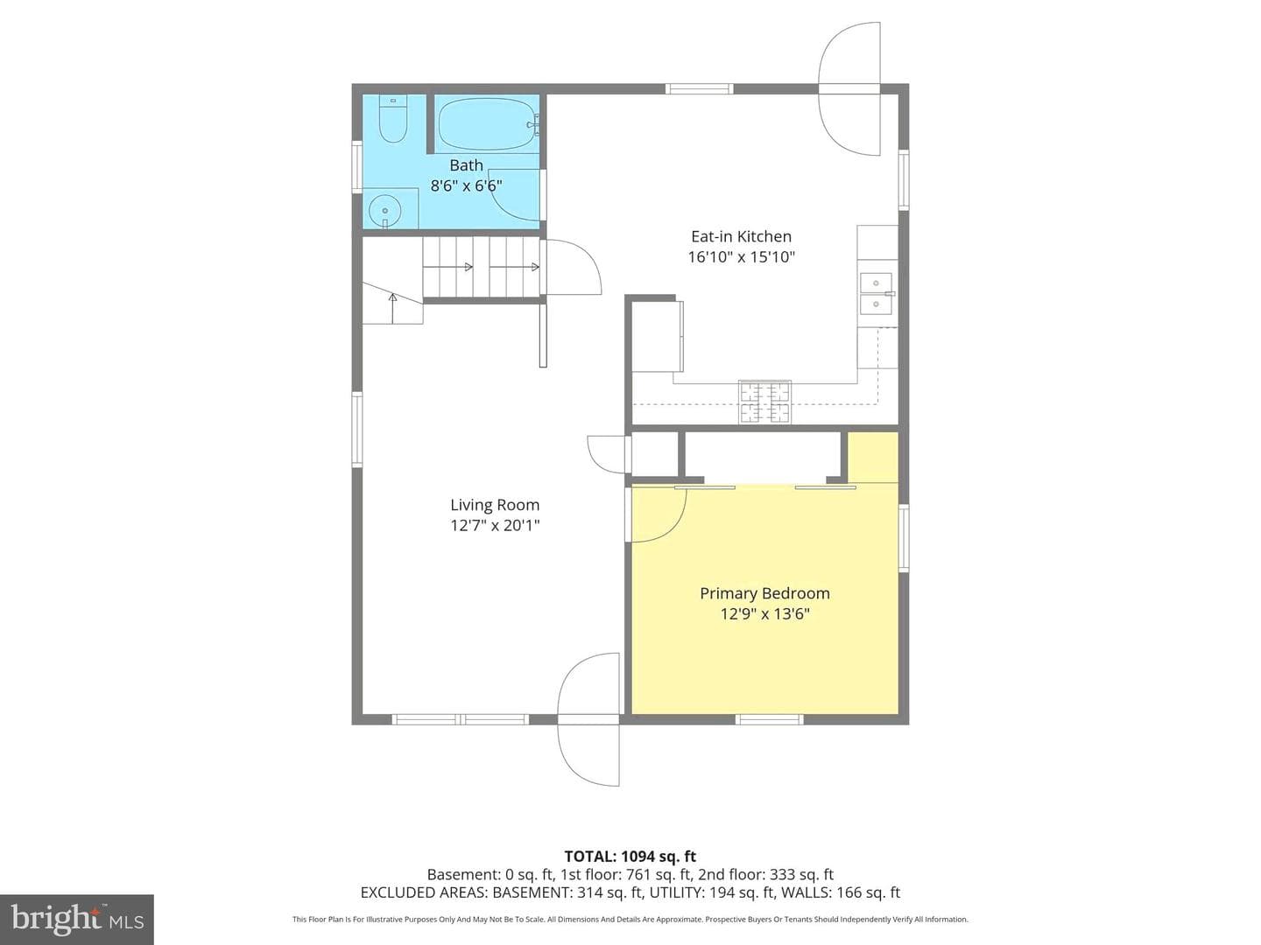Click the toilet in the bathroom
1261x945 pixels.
coord(393,119)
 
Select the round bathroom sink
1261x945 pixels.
coord(384,211)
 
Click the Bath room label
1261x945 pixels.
coord(466,165)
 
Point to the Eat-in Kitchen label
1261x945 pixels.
coord(741,236)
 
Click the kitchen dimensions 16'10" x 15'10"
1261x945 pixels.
coord(741,257)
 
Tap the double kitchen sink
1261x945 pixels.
coord(876,294)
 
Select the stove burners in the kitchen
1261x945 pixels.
coord(764,402)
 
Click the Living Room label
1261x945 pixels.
coord(495,505)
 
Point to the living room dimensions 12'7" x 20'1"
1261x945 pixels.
coord(495,526)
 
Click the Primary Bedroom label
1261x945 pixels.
coord(764,593)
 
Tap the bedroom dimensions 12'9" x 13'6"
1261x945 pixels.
coord(764,614)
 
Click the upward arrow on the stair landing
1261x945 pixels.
coord(393,308)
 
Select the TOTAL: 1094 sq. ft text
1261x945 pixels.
coord(630,857)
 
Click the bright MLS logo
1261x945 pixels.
coord(77,919)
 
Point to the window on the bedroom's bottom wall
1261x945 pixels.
coord(769,719)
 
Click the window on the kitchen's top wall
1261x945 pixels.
coord(699,89)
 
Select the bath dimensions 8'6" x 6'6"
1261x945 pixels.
coord(466,185)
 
